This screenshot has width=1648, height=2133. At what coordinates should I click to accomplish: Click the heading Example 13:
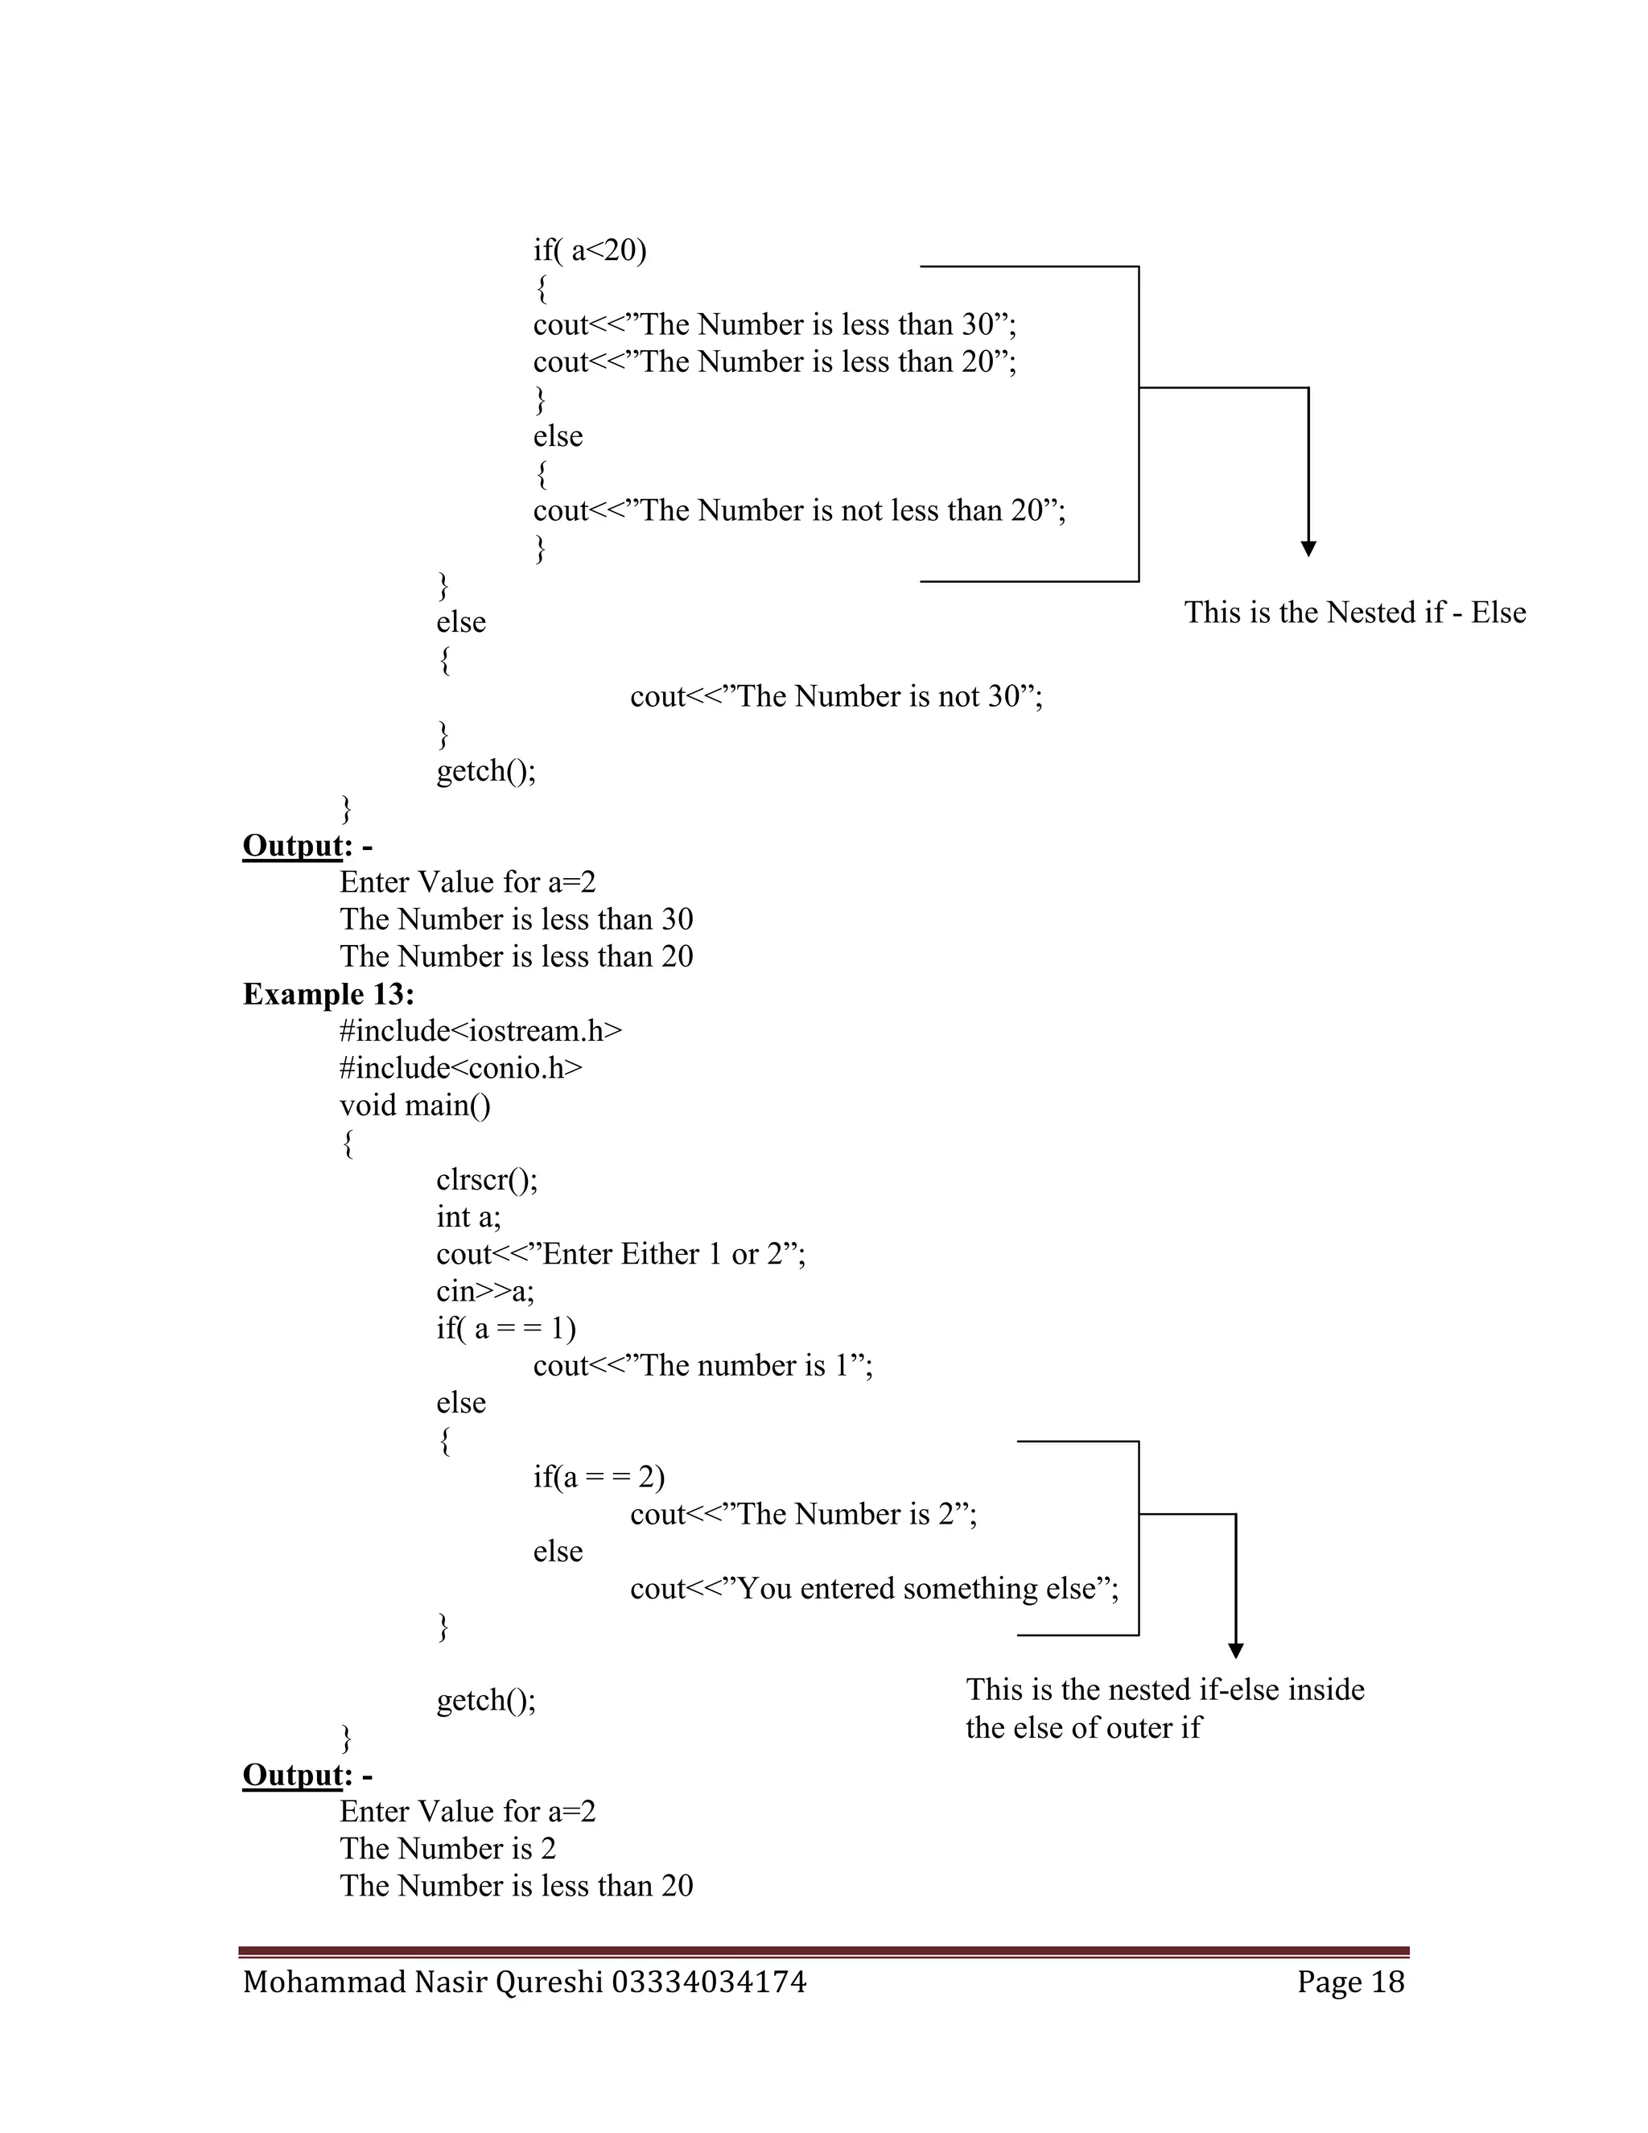coord(328,994)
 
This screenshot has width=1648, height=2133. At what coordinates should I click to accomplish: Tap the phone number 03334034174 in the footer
coord(709,1982)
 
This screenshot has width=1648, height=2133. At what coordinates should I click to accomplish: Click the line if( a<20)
coord(590,251)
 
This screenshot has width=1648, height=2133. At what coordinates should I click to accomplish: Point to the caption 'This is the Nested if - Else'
coord(1354,613)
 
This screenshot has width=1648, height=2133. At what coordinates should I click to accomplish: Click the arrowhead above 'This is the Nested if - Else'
coord(1308,549)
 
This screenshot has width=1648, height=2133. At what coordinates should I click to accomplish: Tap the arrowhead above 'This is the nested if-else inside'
coord(1235,1651)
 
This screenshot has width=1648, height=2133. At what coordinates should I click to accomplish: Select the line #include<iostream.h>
coord(480,1031)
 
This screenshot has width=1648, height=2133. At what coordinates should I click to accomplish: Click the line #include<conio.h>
coord(461,1068)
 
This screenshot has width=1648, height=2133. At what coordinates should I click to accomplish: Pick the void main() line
coord(415,1106)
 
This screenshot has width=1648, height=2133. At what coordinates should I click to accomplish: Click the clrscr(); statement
coord(486,1180)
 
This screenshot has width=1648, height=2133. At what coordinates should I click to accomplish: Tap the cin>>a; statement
coord(485,1291)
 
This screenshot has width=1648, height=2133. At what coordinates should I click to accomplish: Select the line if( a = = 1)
coord(505,1328)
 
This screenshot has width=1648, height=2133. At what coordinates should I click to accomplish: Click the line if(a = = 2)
coord(599,1477)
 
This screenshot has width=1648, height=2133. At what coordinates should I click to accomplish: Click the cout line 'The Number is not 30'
coord(836,696)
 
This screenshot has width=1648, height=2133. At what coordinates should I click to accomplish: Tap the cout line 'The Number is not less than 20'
coord(798,511)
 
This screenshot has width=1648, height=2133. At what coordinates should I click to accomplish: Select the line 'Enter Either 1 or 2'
coord(621,1254)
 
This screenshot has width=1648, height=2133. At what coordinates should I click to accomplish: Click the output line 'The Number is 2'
coord(447,1848)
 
